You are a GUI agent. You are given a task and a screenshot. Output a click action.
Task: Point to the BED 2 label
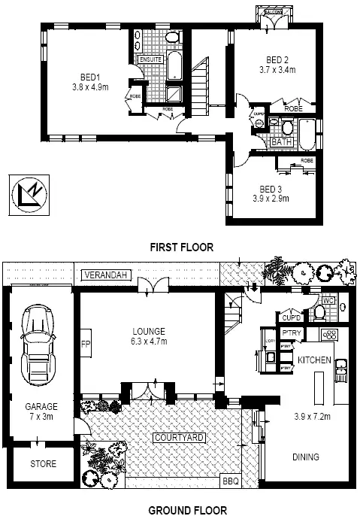tap(277, 59)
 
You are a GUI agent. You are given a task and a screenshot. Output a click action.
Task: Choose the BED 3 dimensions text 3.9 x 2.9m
tap(270, 199)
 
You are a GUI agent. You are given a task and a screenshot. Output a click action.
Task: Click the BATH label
tap(281, 141)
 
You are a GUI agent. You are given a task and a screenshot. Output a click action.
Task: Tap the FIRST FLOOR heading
tap(181, 247)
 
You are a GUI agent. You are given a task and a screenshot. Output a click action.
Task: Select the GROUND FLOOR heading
tap(181, 509)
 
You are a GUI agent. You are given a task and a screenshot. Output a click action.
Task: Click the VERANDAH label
tap(103, 275)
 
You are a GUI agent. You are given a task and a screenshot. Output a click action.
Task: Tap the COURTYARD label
tap(180, 437)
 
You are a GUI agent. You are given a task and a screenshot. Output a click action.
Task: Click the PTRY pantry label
tap(291, 332)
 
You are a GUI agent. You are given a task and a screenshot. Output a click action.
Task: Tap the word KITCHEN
tap(314, 360)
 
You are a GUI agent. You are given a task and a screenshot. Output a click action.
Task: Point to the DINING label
tap(306, 457)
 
